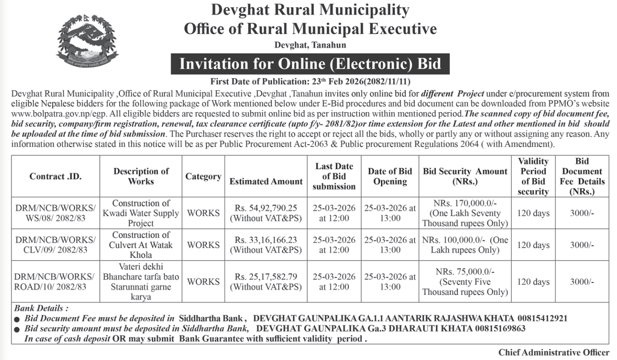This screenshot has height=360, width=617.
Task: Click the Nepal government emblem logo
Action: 87,42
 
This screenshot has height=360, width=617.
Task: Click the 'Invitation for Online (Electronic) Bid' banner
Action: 310,64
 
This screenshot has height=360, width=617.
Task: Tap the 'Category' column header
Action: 203,176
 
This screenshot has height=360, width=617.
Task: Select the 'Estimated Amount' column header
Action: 266,181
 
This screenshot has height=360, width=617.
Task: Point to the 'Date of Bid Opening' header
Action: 390,176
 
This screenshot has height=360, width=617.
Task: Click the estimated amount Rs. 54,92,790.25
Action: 266,208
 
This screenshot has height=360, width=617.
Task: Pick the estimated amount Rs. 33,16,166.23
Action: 266,240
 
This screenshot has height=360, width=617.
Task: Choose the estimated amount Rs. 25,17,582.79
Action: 266,277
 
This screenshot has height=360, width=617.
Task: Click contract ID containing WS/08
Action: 55,213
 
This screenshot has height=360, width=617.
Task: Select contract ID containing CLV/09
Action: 55,245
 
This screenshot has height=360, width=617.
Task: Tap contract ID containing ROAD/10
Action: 55,282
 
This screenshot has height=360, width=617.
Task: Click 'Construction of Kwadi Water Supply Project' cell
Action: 141,213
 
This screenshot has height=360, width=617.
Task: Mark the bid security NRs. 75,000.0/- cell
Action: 465,282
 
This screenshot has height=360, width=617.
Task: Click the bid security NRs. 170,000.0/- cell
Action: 465,213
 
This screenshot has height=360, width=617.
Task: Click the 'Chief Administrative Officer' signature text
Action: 554,352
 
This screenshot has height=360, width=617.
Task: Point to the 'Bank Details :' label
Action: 42,308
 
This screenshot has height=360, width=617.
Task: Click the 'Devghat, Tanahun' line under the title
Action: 310,45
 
